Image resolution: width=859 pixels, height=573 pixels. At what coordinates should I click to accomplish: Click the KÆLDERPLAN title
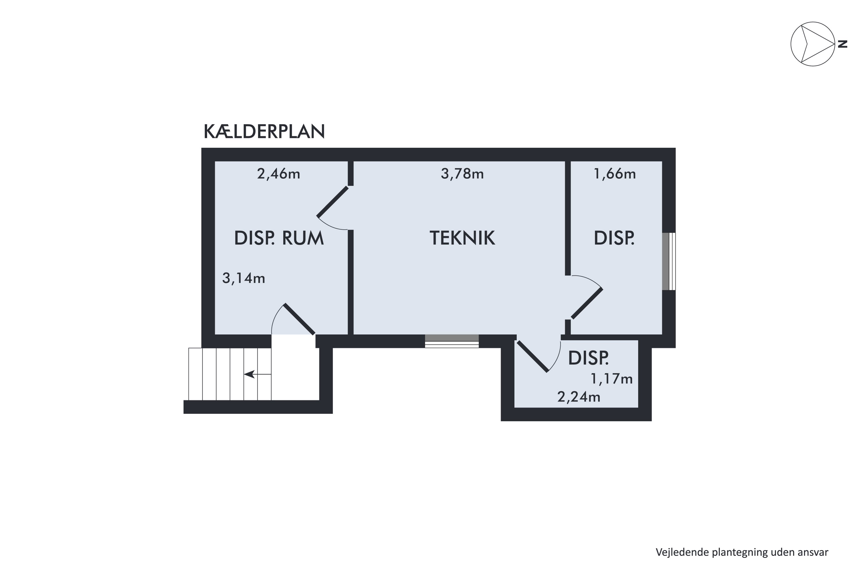click(x=264, y=132)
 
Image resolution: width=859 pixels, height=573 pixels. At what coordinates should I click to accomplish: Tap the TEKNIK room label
click(x=462, y=238)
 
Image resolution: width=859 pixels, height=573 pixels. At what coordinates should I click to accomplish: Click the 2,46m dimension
click(x=278, y=174)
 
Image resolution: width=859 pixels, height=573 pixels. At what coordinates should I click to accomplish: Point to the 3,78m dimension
click(x=462, y=174)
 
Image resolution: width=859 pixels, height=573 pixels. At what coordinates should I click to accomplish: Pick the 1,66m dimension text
click(x=615, y=174)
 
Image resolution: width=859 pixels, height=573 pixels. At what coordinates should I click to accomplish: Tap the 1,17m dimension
click(x=611, y=379)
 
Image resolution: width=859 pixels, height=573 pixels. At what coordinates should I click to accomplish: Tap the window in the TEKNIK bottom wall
click(x=452, y=341)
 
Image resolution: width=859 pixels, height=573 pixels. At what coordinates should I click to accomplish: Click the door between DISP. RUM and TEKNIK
click(x=332, y=202)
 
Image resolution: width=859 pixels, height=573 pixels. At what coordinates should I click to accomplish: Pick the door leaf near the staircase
click(x=299, y=319)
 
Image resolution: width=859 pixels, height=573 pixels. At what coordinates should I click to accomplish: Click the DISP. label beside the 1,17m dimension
click(x=588, y=358)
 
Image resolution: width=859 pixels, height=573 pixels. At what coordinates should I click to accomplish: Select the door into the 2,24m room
click(x=532, y=356)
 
